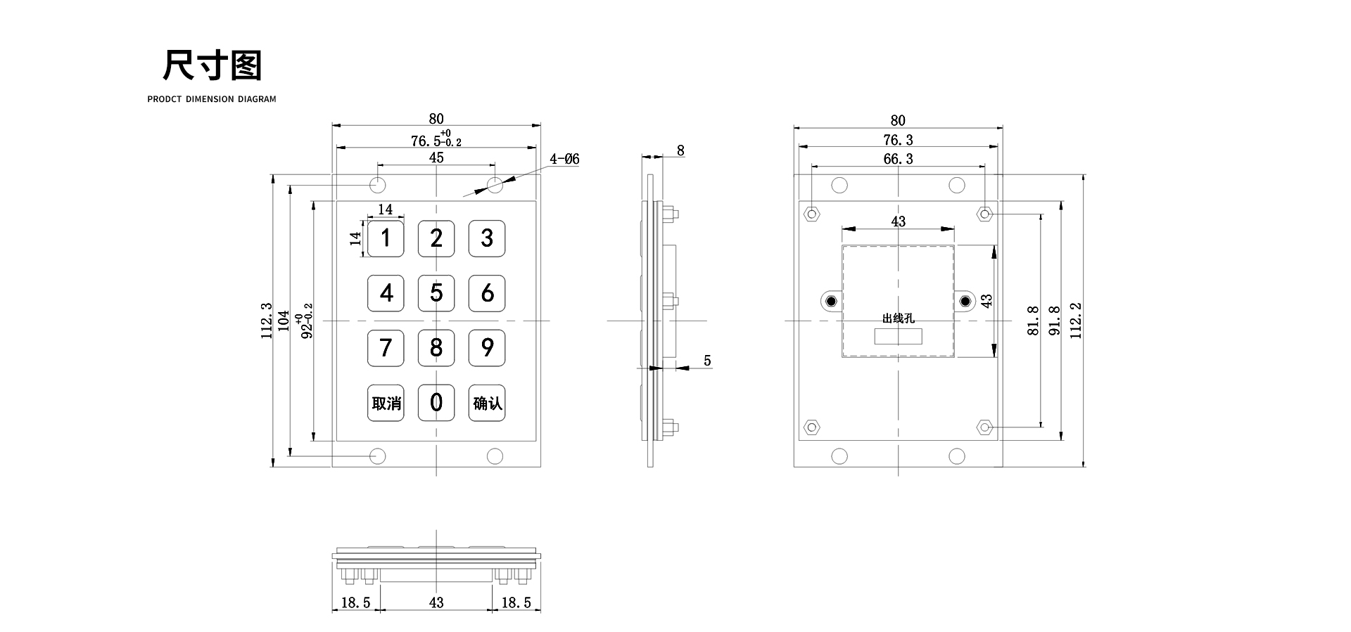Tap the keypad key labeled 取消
386,403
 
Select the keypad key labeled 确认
487,403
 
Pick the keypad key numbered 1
386,238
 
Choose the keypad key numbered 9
487,347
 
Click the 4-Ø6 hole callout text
564,160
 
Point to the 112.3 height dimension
267,321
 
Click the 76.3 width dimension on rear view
898,140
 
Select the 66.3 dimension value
898,160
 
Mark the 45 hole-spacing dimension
436,157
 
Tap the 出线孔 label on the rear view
898,318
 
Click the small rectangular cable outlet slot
898,336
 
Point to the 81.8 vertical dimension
1033,321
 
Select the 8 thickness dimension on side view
680,150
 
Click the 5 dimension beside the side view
707,361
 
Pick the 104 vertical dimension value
284,321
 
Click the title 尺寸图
212,65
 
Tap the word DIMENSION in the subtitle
210,99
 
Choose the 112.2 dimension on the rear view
1076,321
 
